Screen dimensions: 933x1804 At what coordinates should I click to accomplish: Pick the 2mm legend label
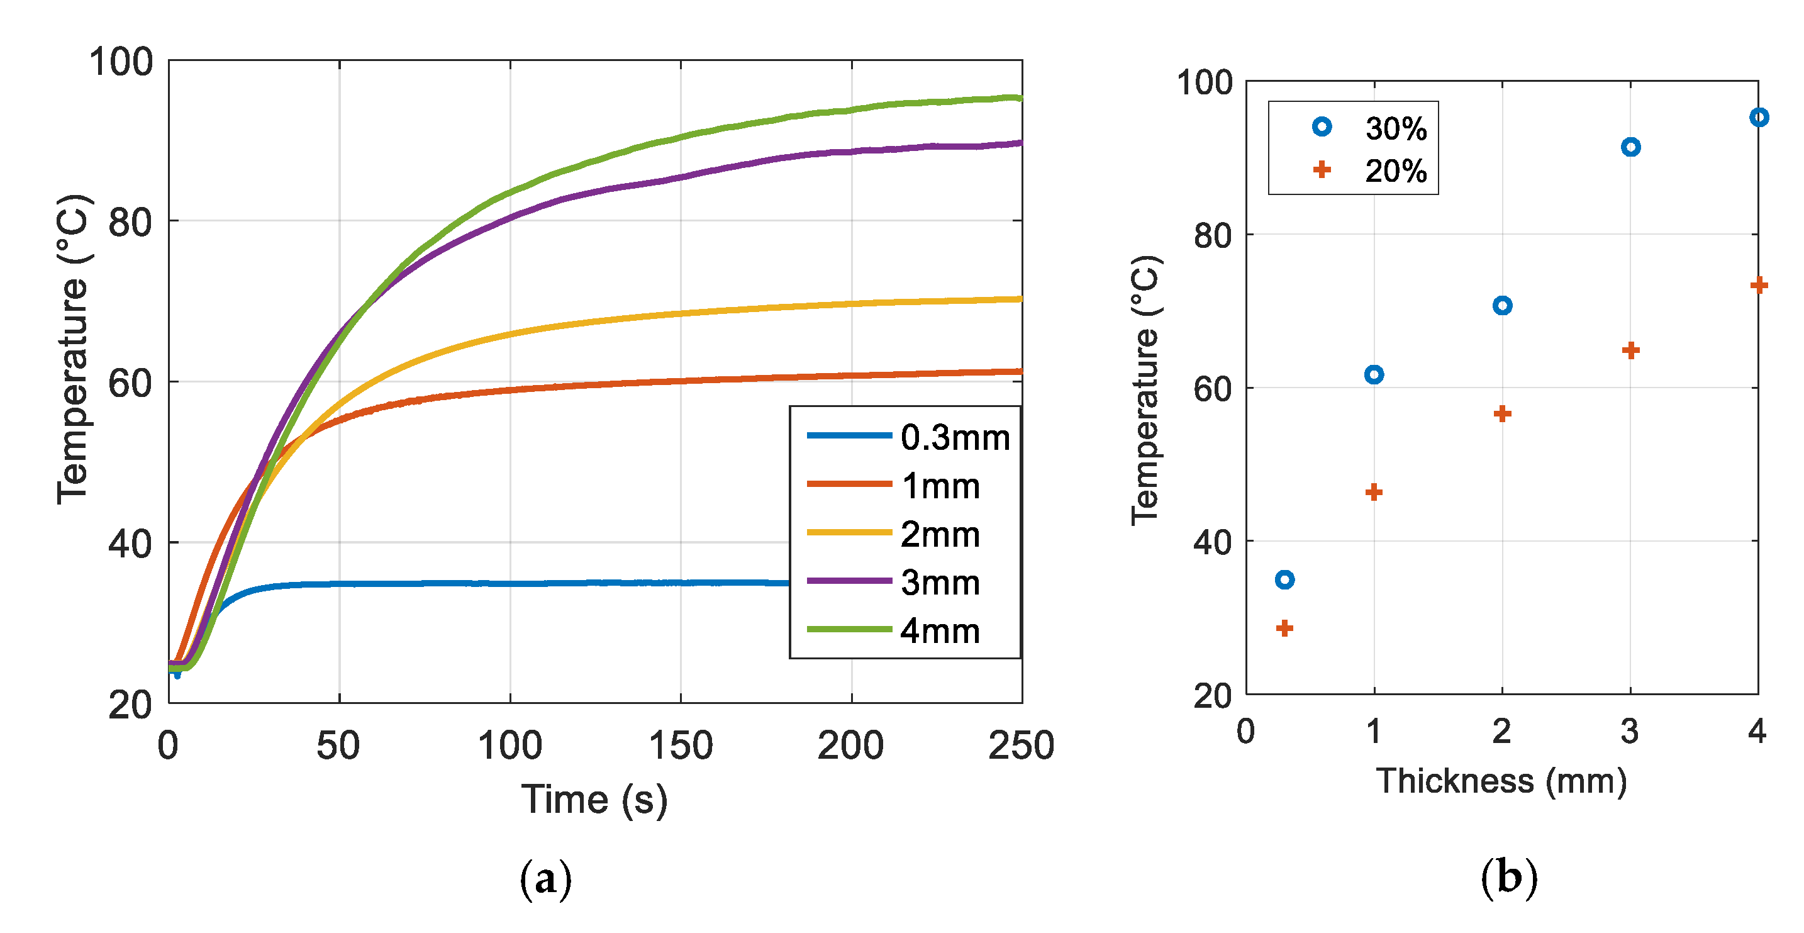pyautogui.click(x=939, y=534)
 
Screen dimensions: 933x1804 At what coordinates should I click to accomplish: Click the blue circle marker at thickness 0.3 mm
pyautogui.click(x=1284, y=579)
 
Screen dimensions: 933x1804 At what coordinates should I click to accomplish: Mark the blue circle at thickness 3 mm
pyautogui.click(x=1630, y=147)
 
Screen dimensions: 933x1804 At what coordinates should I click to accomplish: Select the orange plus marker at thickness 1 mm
pyautogui.click(x=1374, y=493)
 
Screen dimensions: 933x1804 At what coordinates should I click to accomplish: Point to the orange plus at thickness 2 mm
pyautogui.click(x=1502, y=414)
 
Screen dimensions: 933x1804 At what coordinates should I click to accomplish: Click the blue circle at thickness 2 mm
pyautogui.click(x=1502, y=305)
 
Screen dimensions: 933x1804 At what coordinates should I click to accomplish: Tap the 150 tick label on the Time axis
pyautogui.click(x=680, y=746)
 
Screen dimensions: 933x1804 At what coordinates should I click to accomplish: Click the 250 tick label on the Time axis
pyautogui.click(x=1020, y=746)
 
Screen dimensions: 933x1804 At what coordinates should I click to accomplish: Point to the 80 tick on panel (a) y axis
pyautogui.click(x=130, y=223)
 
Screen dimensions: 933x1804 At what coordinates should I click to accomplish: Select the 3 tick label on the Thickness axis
pyautogui.click(x=1630, y=731)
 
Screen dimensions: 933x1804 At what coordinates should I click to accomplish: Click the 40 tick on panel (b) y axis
pyautogui.click(x=1213, y=542)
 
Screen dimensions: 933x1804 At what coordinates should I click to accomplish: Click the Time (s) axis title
pyautogui.click(x=594, y=799)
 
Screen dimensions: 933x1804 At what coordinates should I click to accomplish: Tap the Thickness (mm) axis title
pyautogui.click(x=1501, y=781)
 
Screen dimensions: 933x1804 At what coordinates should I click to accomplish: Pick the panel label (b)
pyautogui.click(x=1508, y=878)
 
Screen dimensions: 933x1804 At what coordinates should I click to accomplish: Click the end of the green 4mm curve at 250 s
pyautogui.click(x=1019, y=98)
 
